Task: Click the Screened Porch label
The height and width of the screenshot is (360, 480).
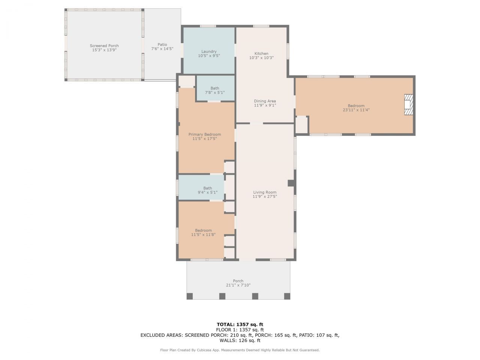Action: pos(104,46)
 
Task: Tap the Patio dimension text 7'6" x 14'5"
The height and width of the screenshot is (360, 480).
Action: pos(162,49)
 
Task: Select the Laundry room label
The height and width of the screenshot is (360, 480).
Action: pos(209,52)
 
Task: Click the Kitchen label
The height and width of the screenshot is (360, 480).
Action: pos(261,54)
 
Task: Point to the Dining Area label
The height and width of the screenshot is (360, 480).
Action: pos(265,101)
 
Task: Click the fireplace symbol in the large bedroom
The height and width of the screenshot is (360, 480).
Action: pos(408,105)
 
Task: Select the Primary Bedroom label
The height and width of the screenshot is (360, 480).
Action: pos(204,134)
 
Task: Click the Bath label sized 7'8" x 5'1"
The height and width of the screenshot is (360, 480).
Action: pos(214,88)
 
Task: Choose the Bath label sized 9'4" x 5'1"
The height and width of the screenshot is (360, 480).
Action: pos(207,188)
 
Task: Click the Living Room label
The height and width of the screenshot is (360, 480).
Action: pos(264,192)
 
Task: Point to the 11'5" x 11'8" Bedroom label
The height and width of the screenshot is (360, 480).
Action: pos(203,230)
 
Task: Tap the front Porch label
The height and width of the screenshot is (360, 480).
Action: pos(238,281)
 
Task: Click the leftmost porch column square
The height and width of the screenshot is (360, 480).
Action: pos(190,296)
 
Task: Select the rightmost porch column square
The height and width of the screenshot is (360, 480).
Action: pos(287,296)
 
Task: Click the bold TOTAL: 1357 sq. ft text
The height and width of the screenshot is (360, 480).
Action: pos(240,324)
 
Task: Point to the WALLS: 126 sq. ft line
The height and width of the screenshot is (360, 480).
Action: pos(240,340)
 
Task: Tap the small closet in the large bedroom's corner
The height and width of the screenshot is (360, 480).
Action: pos(301,125)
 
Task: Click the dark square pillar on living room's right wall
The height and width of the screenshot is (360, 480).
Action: pos(291,183)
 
